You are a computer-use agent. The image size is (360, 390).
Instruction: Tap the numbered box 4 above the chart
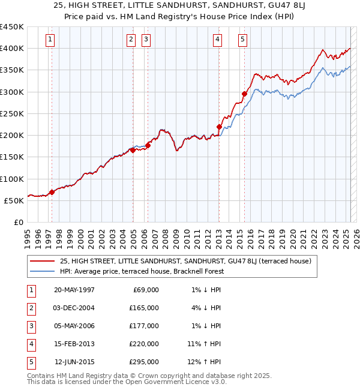pos(217,40)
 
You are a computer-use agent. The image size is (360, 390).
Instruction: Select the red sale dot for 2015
pos(244,94)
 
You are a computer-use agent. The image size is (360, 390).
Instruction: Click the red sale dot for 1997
pos(52,192)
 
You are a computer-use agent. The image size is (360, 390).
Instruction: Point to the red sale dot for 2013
pos(219,127)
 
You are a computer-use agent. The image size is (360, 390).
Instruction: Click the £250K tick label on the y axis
pos(12,113)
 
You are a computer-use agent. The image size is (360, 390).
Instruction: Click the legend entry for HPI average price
pos(141,271)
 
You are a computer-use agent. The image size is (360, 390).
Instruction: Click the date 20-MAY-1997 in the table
pos(74,290)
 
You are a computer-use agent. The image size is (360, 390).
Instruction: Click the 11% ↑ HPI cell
pos(205,344)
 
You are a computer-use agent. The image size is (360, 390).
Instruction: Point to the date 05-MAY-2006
pos(74,326)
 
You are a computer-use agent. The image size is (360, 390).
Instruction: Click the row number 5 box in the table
pos(30,362)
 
